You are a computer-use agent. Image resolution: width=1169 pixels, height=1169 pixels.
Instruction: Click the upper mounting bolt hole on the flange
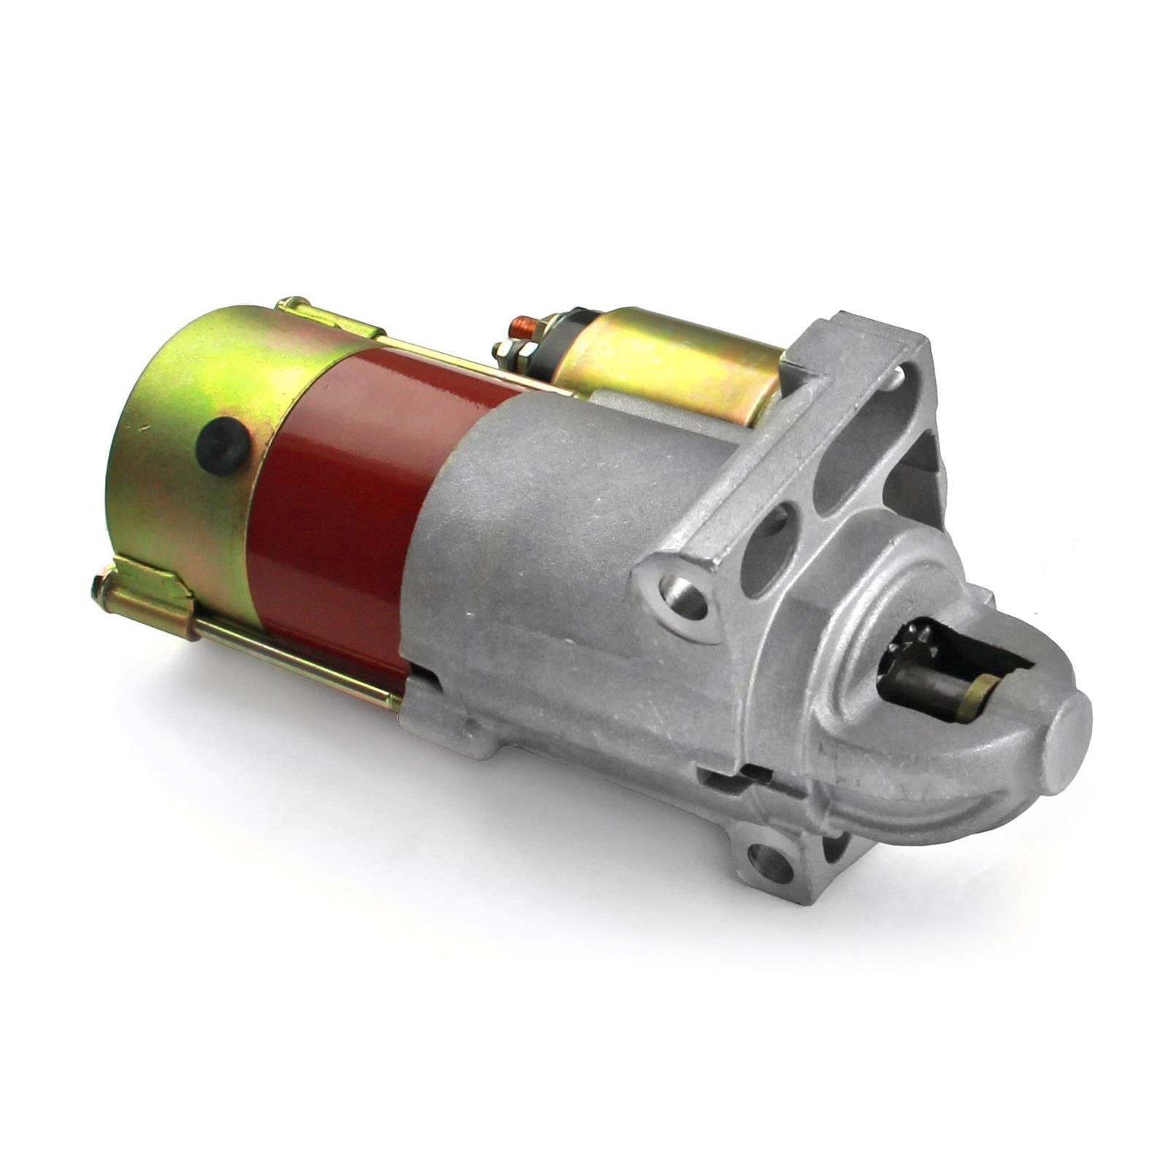685,595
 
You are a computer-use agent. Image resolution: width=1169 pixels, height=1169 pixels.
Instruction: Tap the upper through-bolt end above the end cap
292,305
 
